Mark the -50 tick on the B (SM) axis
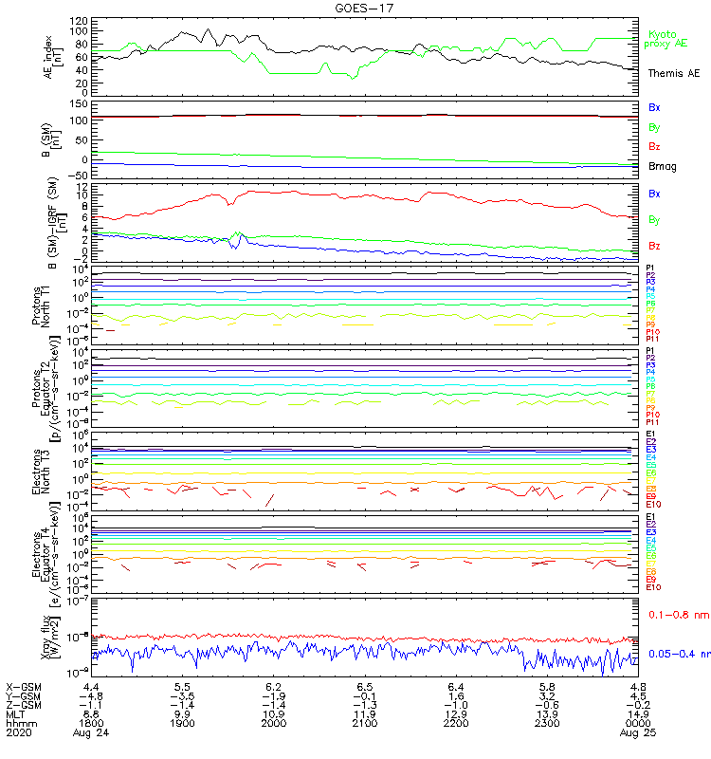[76, 175]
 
